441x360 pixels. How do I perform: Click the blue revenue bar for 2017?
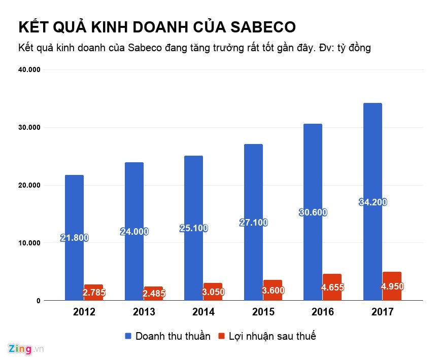[x=372, y=152]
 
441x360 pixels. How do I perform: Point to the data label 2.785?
[x=94, y=293]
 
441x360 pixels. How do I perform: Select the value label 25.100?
[x=193, y=228]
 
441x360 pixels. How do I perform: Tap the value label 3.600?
[x=273, y=291]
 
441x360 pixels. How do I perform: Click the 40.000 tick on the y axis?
[x=28, y=69]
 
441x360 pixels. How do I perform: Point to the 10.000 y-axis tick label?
[x=28, y=243]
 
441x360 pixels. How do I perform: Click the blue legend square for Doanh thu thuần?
[x=128, y=336]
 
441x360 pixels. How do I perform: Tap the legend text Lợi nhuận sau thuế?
[x=272, y=336]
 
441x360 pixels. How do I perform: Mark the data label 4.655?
[x=333, y=287]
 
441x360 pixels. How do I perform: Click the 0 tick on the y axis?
[x=38, y=301]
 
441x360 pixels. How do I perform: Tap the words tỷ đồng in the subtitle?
[x=352, y=48]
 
